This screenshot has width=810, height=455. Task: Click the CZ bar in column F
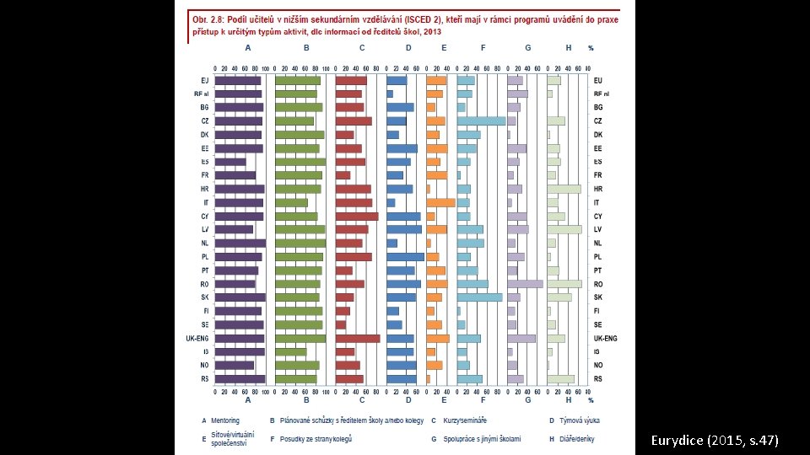tap(481, 121)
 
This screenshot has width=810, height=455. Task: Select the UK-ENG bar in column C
tap(358, 339)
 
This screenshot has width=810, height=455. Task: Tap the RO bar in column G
tap(525, 284)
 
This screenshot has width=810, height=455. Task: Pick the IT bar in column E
tap(440, 202)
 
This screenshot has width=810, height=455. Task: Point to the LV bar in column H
tap(564, 229)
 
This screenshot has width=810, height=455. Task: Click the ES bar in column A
tap(230, 162)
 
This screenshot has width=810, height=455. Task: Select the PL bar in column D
tap(405, 257)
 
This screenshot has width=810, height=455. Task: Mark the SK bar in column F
tap(479, 297)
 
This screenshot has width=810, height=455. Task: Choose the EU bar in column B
tap(298, 81)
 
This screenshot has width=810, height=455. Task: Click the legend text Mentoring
tap(225, 420)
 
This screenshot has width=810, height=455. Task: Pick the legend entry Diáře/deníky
tap(580, 438)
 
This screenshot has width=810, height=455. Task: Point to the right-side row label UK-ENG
tap(605, 339)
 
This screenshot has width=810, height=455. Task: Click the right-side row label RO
tap(598, 284)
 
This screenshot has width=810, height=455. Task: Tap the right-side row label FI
tap(597, 311)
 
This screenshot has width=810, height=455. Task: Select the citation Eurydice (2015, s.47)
tap(715, 441)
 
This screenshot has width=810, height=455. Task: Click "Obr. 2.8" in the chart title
tap(207, 19)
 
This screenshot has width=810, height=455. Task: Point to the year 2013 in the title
tap(432, 32)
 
